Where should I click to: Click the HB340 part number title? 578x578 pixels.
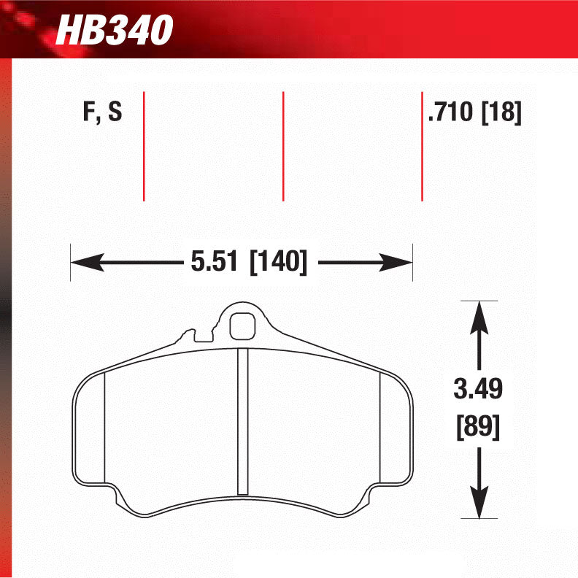115,31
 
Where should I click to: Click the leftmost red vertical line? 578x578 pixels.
144,146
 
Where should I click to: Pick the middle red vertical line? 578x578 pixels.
283,146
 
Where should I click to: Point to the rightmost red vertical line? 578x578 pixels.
422,146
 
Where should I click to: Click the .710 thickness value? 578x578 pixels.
451,114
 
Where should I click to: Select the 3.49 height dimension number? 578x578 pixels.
478,390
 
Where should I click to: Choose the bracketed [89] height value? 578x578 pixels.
478,425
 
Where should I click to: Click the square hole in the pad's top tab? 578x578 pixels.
242,327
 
